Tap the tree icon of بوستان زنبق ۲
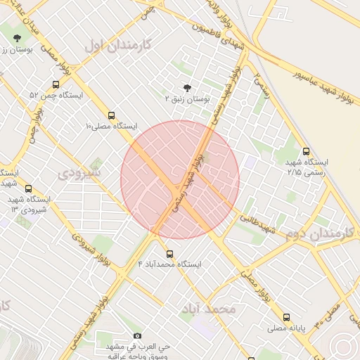[187, 88]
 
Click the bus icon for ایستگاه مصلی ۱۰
[111, 115]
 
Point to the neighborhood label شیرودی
[79, 172]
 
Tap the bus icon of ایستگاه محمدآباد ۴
[169, 254]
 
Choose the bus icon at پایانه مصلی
[286, 317]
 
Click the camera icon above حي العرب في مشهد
[137, 336]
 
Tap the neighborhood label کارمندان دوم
[319, 233]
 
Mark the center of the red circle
[180, 180]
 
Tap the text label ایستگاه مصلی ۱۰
[111, 127]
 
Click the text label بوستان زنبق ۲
[188, 100]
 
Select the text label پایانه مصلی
[286, 328]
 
